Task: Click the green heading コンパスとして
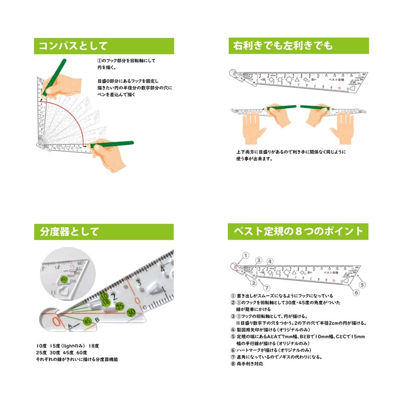[73, 46]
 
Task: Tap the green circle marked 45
[87, 321]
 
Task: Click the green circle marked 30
[131, 312]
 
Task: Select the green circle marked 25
[119, 306]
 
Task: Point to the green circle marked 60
[64, 279]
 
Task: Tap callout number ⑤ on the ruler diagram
[362, 284]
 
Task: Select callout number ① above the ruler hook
[246, 256]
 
